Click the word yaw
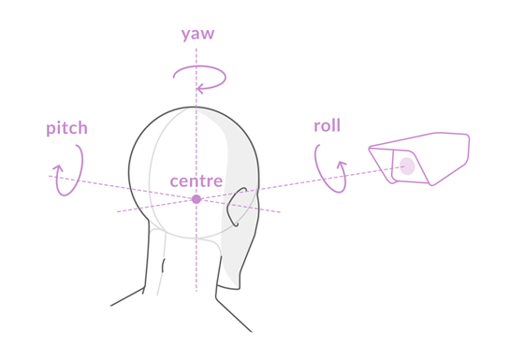(197, 35)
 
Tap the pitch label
(67, 128)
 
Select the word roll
(327, 125)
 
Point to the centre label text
(196, 180)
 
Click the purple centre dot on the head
(196, 199)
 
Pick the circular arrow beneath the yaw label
(197, 78)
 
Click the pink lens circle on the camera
(407, 166)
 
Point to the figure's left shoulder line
(127, 298)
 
